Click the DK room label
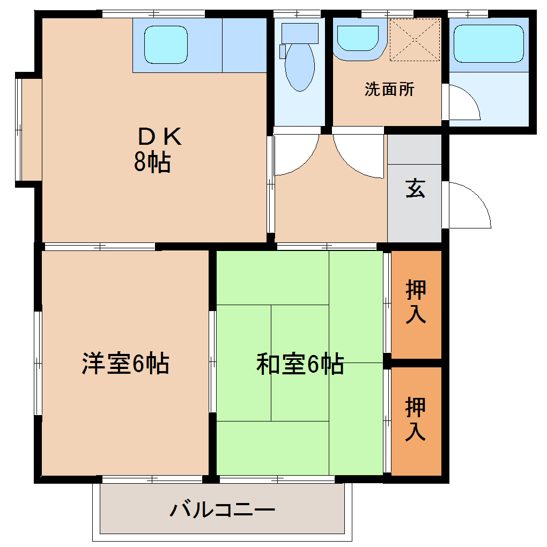(160, 137)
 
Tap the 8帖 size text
(152, 162)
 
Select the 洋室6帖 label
(125, 364)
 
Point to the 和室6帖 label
(300, 365)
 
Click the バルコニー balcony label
(222, 509)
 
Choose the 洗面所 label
(389, 89)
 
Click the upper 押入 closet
(416, 304)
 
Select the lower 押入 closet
(416, 420)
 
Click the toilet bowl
(299, 67)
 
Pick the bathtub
(488, 44)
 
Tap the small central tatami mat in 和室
(300, 363)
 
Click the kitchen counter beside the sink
(244, 45)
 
